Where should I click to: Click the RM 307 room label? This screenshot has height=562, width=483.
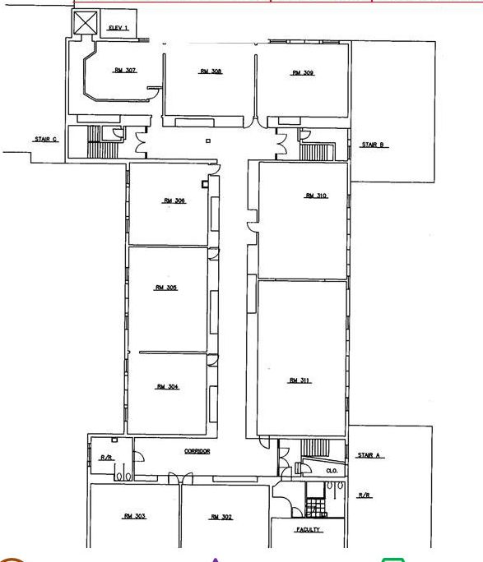[x=125, y=71]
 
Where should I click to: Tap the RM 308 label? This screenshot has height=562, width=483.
[x=211, y=71]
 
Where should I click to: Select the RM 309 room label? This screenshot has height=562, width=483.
[x=303, y=73]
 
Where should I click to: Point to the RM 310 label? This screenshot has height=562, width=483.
[x=316, y=196]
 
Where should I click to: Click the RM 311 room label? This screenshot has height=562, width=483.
[x=300, y=380]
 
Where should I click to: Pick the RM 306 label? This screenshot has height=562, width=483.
[x=174, y=200]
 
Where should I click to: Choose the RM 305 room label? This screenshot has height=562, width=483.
[x=166, y=288]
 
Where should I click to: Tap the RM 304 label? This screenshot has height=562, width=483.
[x=168, y=387]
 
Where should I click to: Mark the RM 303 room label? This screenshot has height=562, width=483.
[x=135, y=516]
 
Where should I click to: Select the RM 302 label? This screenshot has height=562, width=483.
[x=221, y=517]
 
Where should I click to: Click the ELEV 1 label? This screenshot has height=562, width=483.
[x=118, y=28]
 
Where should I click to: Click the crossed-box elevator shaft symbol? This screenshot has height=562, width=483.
[x=86, y=22]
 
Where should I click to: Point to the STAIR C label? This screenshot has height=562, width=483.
[x=46, y=139]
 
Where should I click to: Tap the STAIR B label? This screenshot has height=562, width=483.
[x=373, y=145]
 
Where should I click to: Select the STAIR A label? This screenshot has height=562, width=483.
[x=369, y=455]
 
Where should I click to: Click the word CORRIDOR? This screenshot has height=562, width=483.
[x=197, y=451]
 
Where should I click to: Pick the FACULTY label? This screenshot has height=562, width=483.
[x=309, y=529]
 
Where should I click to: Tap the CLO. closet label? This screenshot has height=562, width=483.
[x=332, y=471]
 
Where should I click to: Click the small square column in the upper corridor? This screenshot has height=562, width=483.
[x=208, y=140]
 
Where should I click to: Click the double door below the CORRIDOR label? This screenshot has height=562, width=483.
[x=180, y=478]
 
